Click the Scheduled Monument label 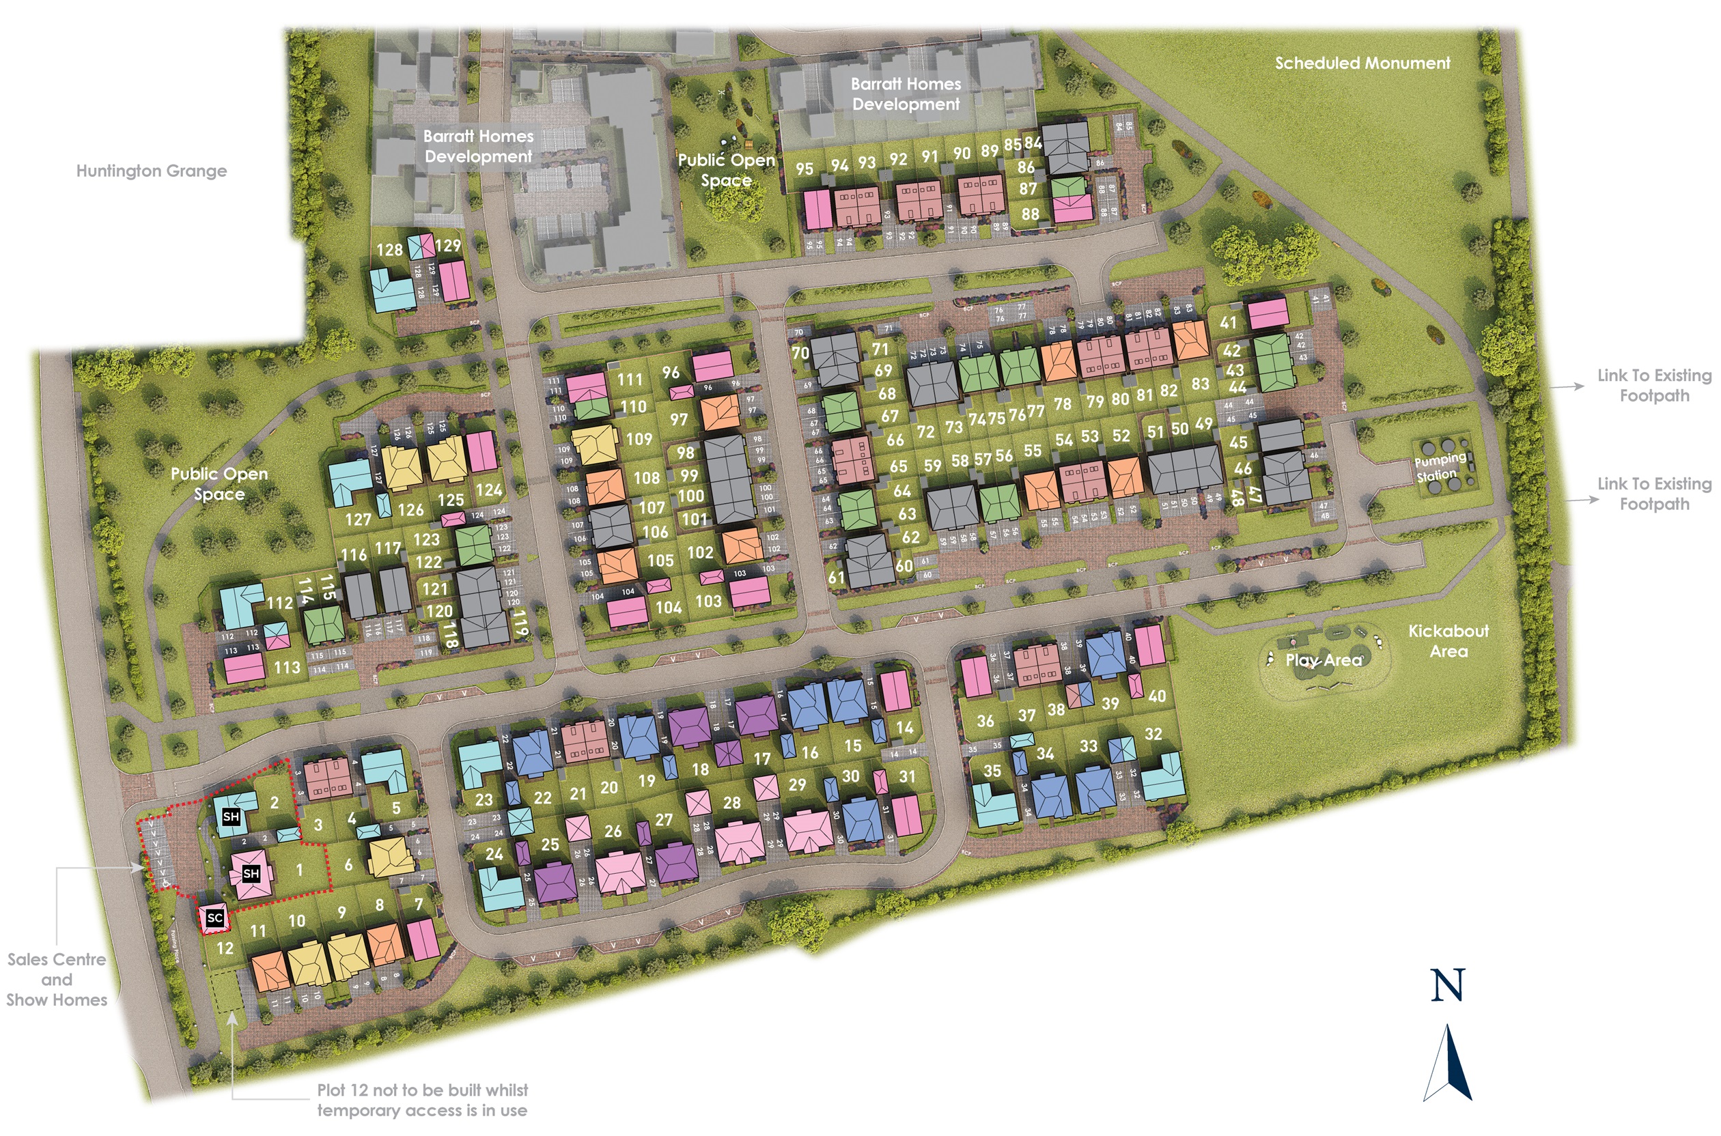pyautogui.click(x=1362, y=63)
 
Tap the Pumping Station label pyautogui.click(x=1439, y=467)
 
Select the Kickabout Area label pyautogui.click(x=1448, y=640)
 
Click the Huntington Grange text pyautogui.click(x=152, y=171)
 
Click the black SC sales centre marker pyautogui.click(x=214, y=918)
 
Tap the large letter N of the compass pyautogui.click(x=1447, y=985)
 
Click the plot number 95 pyautogui.click(x=804, y=169)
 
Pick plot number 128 pyautogui.click(x=389, y=250)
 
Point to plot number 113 pyautogui.click(x=287, y=666)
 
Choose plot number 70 pyautogui.click(x=800, y=353)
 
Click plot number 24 pyautogui.click(x=494, y=854)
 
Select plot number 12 pyautogui.click(x=225, y=948)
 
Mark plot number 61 pyautogui.click(x=836, y=577)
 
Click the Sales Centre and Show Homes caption pyautogui.click(x=57, y=980)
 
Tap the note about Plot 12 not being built pyautogui.click(x=423, y=1100)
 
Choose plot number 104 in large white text pyautogui.click(x=668, y=607)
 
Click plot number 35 pyautogui.click(x=992, y=771)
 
